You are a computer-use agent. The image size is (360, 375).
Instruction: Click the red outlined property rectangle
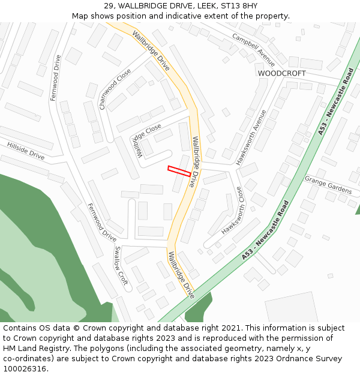pos(179,171)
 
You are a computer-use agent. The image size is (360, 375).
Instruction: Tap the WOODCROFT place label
pos(281,73)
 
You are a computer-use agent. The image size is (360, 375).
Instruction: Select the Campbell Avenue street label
pos(254,50)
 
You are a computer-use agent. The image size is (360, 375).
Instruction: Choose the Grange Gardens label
pos(328,185)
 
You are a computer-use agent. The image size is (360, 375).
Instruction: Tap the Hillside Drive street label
pos(26,151)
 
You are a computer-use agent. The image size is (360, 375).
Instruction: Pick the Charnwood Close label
pos(115,89)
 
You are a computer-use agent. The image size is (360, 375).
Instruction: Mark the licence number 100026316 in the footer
pos(25,368)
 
